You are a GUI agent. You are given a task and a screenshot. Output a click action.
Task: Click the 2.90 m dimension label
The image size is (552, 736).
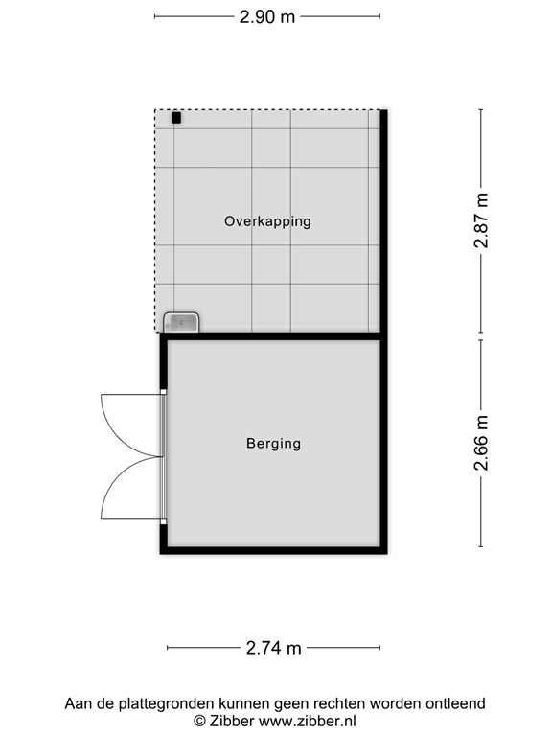pos(267,17)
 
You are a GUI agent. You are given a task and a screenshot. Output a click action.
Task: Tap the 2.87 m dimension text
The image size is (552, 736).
pos(482,220)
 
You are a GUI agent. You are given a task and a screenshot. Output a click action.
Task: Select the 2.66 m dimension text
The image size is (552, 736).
pos(482,443)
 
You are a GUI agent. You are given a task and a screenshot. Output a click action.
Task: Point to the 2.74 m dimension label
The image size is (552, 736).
pos(274,648)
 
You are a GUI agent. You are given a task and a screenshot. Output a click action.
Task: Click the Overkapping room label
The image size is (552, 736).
pos(267,221)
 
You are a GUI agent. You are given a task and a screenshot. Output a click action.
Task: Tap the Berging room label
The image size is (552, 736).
pos(274,444)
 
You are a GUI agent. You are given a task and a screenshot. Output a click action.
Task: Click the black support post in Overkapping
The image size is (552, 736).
pos(176,118)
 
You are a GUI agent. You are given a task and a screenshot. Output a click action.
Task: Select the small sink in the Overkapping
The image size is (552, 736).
pos(181,322)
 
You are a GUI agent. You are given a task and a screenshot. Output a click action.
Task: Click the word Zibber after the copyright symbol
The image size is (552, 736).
pos(232,721)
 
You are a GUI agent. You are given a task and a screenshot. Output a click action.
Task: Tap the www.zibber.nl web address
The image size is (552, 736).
pos(308,721)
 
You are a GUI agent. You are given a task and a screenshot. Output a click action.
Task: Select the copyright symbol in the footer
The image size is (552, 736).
pos(199,721)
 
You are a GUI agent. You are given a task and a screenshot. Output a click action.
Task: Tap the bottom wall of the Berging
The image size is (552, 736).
pos(274,551)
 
